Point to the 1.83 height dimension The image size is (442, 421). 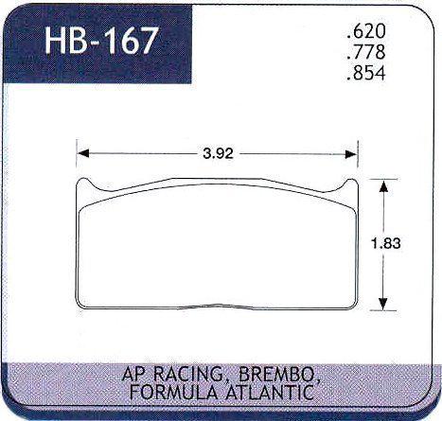point(383,243)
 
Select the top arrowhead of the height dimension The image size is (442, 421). point(383,184)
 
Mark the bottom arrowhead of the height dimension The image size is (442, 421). point(383,306)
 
